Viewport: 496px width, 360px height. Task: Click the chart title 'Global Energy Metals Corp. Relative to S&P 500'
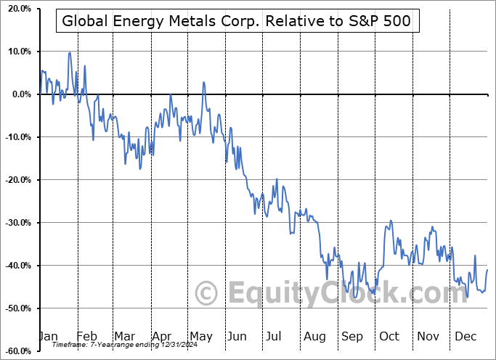[237, 21]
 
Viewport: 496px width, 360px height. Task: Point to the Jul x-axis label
[275, 337]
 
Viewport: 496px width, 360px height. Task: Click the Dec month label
[465, 337]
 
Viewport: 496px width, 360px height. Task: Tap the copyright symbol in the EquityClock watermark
[207, 293]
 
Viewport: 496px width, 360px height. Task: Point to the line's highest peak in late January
[70, 52]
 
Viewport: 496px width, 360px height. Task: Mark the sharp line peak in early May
[204, 82]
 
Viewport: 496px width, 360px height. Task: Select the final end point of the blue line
[487, 270]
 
